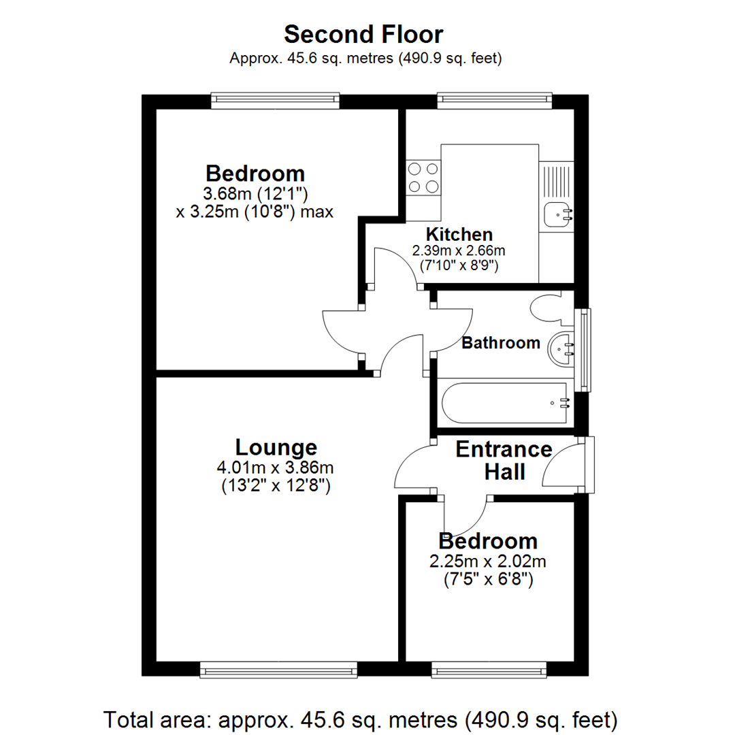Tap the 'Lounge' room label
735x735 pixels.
click(x=276, y=447)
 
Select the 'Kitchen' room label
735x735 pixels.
click(x=459, y=235)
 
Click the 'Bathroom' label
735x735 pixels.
click(x=501, y=343)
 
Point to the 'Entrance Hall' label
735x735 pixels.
click(x=504, y=460)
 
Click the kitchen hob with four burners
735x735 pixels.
click(x=422, y=178)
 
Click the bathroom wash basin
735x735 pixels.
click(x=562, y=349)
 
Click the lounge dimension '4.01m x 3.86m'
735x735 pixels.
click(x=276, y=468)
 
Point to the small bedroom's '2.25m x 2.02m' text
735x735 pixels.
click(x=488, y=561)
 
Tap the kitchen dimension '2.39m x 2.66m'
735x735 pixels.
click(x=459, y=250)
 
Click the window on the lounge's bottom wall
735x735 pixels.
click(x=278, y=671)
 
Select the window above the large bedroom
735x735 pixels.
click(x=274, y=101)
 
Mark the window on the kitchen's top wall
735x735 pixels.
click(x=494, y=101)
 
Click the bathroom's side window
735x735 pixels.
click(x=583, y=350)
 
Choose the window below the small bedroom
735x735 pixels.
click(x=489, y=671)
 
